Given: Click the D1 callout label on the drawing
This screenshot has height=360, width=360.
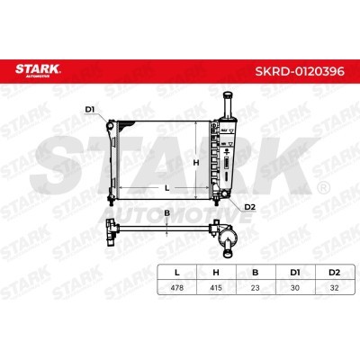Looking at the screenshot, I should click(x=90, y=110).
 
